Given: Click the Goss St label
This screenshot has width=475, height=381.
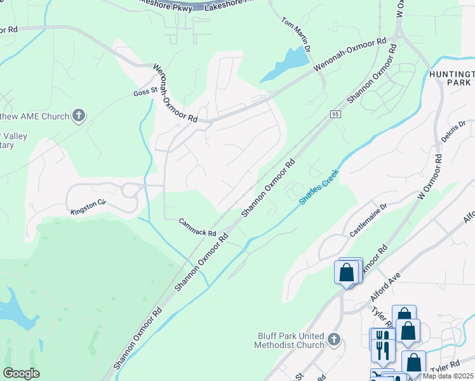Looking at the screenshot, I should point(145,92).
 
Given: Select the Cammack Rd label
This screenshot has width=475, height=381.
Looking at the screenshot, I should point(197,228).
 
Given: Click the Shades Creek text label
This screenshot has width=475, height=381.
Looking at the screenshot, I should point(319,186).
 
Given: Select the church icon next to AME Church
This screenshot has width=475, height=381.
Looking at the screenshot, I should point(79,116).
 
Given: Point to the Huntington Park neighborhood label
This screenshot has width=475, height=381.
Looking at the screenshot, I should point(450,78).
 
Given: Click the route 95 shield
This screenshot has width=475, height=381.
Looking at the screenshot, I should point(335,114).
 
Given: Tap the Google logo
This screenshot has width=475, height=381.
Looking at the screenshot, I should point(22,373).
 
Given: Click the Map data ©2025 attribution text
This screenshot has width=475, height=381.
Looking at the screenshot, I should point(448,376).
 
